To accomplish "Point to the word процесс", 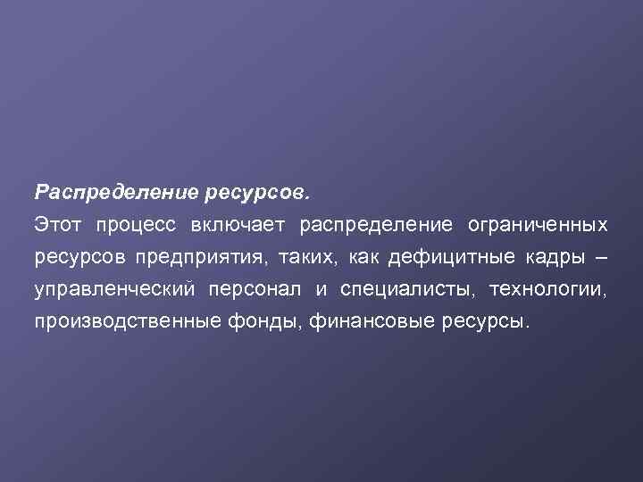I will (138, 224).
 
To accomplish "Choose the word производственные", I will (123, 322).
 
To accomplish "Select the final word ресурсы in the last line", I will (485, 322).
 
